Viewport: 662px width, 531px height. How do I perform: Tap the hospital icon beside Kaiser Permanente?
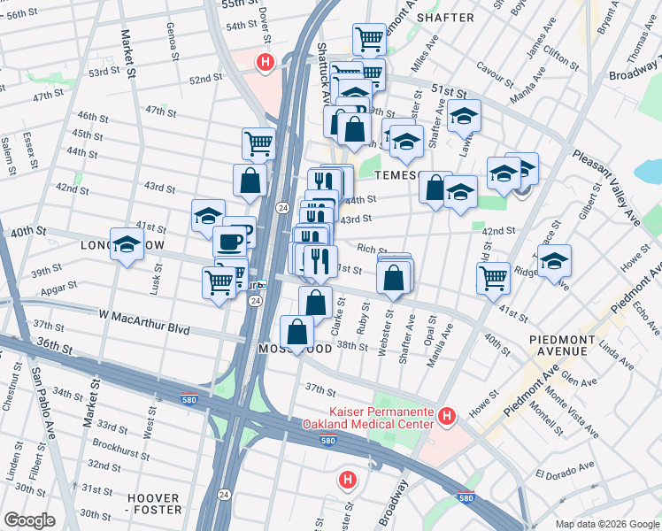tap(447, 415)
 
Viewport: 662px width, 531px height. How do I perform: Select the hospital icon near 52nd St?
tap(264, 62)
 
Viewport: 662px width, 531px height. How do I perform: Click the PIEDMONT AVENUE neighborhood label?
tap(570, 345)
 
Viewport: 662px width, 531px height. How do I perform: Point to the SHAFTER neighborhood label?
tap(445, 17)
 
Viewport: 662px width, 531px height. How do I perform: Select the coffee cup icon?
tap(229, 242)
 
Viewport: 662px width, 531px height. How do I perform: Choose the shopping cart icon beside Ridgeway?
tap(493, 277)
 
